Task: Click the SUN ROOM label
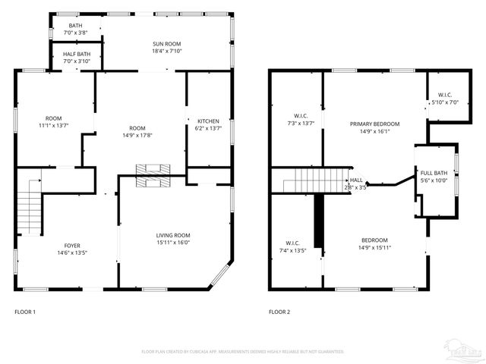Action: coord(168,45)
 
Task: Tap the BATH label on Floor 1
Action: coord(75,26)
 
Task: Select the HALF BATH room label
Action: coord(77,55)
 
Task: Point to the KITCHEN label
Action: coord(208,121)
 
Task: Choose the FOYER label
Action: coord(72,245)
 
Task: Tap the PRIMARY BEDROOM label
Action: coord(374,124)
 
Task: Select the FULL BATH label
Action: coord(434,174)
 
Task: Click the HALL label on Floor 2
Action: coord(356,180)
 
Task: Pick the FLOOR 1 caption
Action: coord(25,312)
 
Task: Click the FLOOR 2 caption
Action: coord(279,312)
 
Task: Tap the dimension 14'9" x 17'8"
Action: coord(137,136)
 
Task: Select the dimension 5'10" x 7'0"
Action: coord(443,102)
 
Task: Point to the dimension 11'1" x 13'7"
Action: coord(53,126)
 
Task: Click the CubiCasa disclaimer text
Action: coord(243,351)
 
